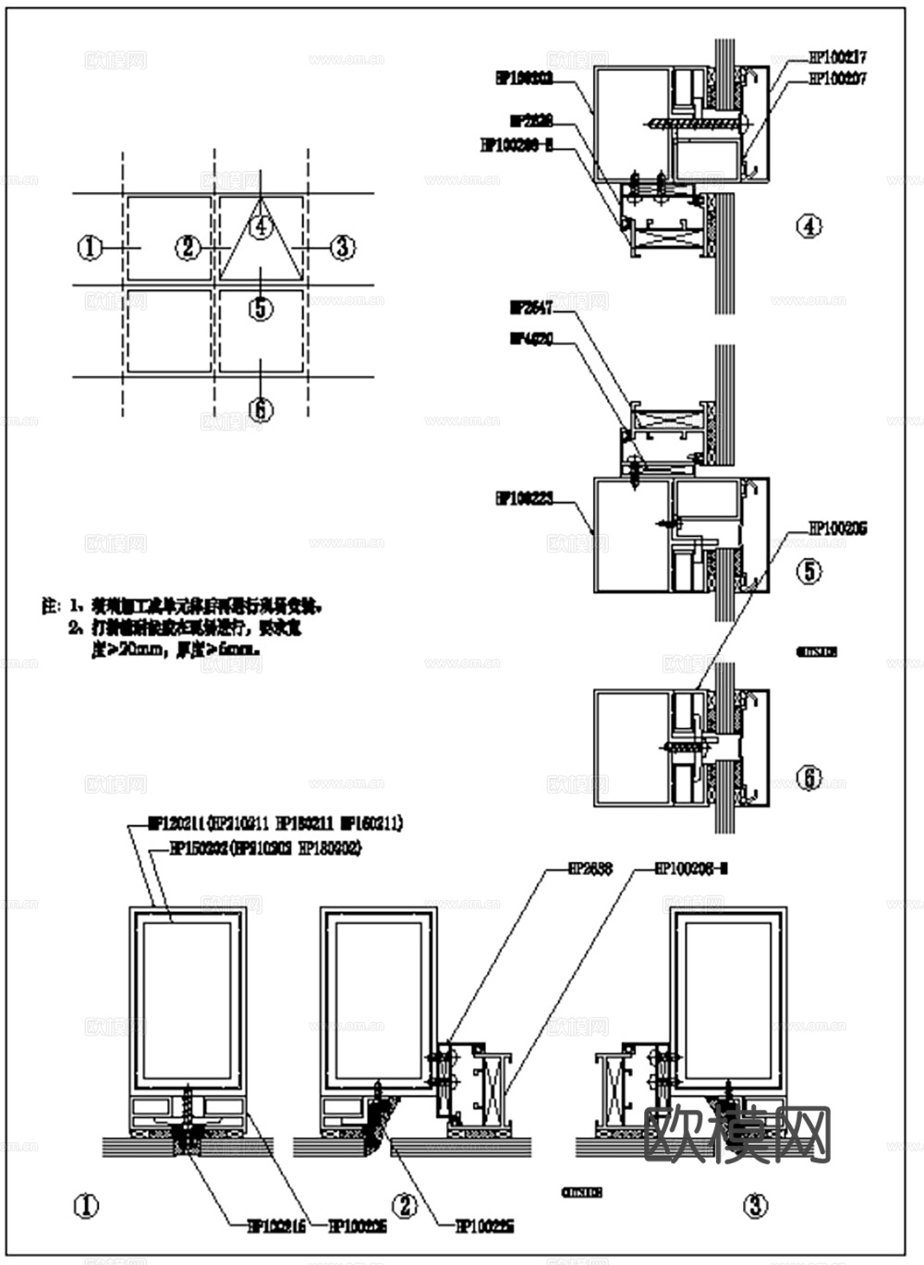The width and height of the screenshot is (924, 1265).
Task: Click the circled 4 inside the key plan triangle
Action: point(261,225)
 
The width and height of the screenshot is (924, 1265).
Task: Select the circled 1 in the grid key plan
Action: point(90,247)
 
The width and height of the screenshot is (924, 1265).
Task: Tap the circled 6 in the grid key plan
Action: point(261,407)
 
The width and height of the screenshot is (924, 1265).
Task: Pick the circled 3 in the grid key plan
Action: point(342,247)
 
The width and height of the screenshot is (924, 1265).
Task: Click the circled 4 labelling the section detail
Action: point(809,225)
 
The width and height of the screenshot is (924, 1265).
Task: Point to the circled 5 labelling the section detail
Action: point(809,571)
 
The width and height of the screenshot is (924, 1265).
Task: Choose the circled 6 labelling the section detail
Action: point(809,778)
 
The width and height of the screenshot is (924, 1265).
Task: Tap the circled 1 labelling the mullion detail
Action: point(86,1206)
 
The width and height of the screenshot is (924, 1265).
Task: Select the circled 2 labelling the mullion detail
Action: point(404,1206)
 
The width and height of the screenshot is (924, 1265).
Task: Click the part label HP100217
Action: point(837,57)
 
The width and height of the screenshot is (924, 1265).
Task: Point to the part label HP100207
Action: point(837,79)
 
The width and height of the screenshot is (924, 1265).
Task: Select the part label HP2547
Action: point(530,307)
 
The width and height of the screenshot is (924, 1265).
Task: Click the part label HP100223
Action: point(524,499)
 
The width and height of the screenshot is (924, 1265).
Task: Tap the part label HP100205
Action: point(837,529)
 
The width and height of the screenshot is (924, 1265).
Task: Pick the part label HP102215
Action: point(275,1226)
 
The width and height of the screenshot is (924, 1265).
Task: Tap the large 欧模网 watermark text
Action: point(736,1133)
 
